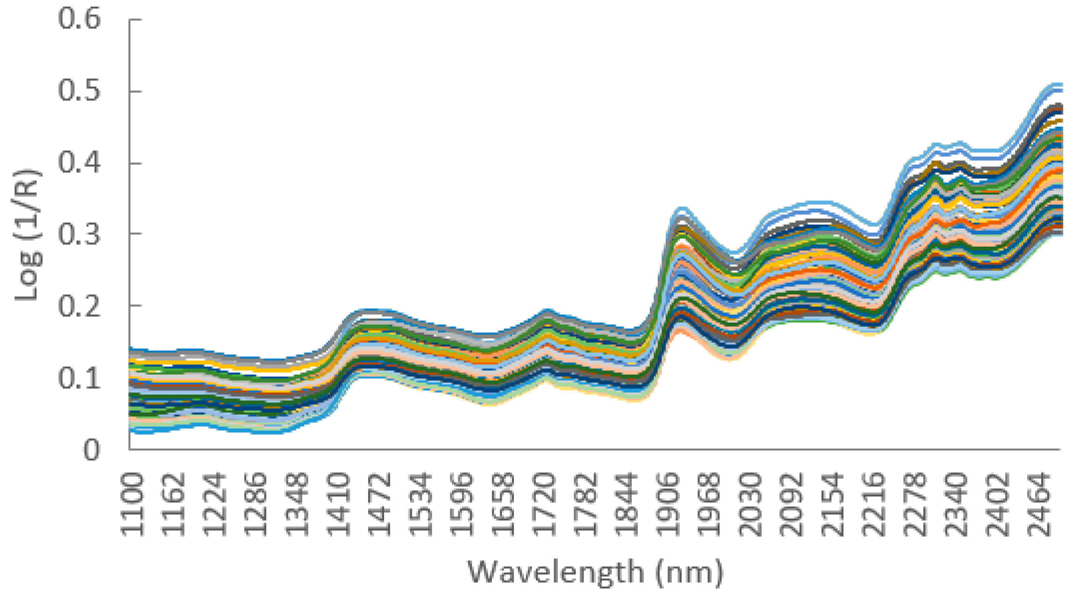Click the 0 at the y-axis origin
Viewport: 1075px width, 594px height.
[x=91, y=450]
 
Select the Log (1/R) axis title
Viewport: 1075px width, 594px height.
[x=27, y=234]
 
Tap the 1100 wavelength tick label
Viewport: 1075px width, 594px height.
[x=133, y=504]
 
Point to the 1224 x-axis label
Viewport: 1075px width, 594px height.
[x=215, y=504]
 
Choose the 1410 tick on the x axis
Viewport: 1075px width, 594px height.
[x=339, y=504]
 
